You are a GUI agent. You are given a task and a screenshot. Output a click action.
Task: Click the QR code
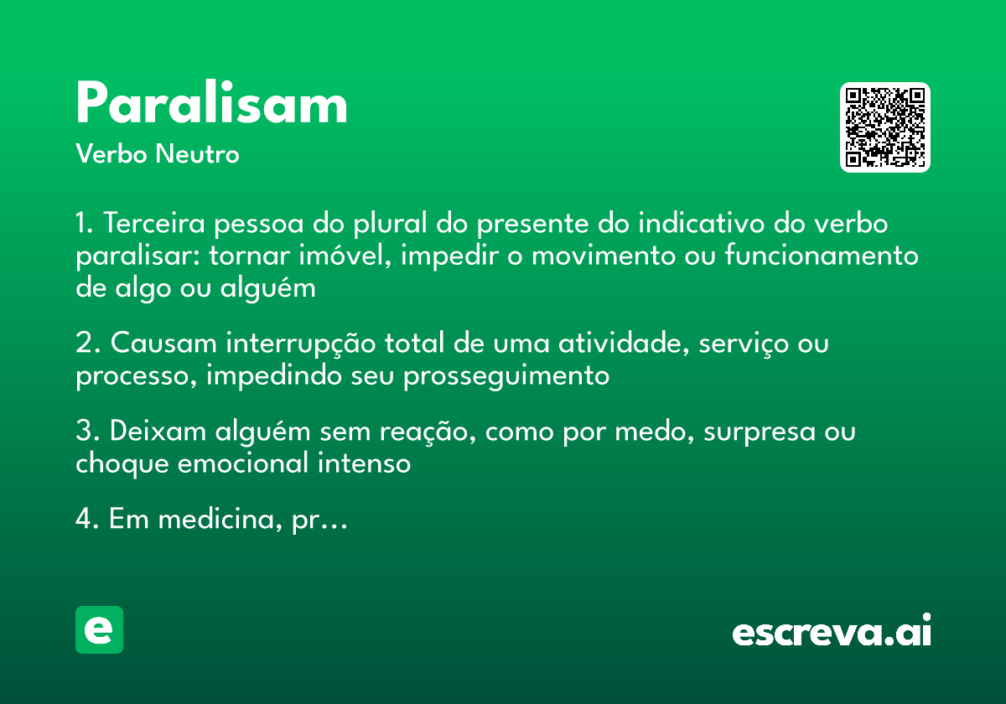pos(885,127)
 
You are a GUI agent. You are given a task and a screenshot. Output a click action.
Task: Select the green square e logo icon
pos(99,629)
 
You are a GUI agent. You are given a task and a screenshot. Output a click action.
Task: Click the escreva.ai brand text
pos(832,633)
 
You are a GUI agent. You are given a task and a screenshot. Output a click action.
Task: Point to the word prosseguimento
pos(506,376)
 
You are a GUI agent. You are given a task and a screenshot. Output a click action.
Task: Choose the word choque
pos(121,464)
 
